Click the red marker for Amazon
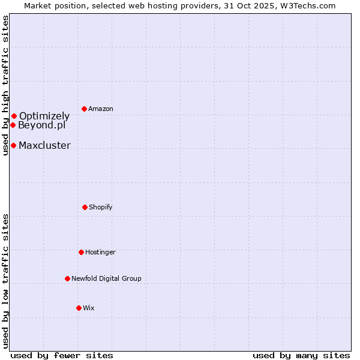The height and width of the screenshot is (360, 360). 85,109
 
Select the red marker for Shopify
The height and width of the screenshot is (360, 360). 85,207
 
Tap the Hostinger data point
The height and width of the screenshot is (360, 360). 81,252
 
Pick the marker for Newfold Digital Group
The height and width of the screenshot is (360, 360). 67,278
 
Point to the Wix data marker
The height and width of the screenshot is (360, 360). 79,308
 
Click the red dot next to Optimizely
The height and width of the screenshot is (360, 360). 14,116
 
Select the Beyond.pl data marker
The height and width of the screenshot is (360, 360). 13,125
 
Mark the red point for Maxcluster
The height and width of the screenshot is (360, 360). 13,145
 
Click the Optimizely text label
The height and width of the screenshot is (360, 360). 44,116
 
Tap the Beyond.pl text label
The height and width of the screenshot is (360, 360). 41,125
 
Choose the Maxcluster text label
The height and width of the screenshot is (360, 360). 44,145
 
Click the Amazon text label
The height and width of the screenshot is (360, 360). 101,109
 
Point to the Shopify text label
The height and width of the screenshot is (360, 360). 101,207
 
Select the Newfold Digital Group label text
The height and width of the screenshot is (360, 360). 106,278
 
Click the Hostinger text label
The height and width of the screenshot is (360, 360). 100,252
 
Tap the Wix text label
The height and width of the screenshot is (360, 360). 89,308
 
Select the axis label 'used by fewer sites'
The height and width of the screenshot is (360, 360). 62,355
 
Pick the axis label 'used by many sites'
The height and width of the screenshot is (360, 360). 301,355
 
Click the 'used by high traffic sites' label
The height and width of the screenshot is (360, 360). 5,86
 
